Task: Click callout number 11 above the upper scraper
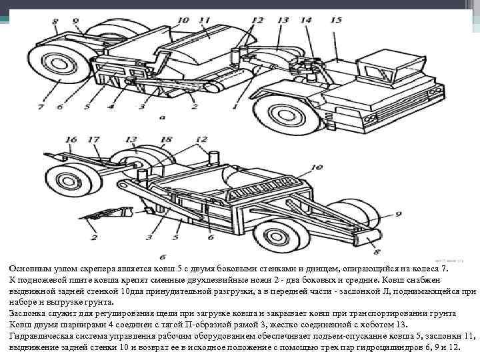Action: click(204, 21)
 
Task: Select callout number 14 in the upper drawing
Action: click(306, 21)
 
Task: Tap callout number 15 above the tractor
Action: click(335, 21)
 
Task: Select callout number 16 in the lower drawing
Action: click(71, 139)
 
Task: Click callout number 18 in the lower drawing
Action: click(165, 139)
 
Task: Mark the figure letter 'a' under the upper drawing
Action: click(162, 117)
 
